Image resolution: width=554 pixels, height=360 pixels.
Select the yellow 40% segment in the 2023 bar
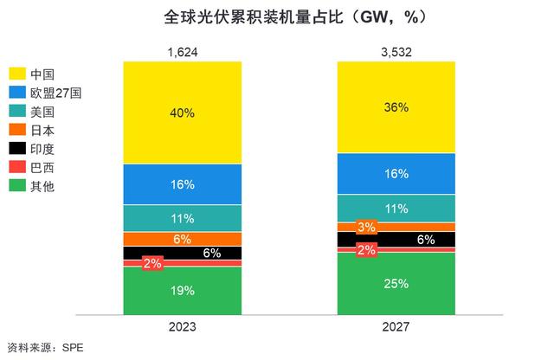coord(182,112)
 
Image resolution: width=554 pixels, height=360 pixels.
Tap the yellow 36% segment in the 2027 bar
coord(394,107)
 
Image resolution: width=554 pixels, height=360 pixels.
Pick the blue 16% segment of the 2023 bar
coord(182,184)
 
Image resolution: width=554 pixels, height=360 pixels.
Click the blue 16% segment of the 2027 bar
coord(394,174)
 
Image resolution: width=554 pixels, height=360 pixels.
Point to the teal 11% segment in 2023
coord(182,218)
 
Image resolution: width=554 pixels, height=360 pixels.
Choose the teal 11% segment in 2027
coord(394,209)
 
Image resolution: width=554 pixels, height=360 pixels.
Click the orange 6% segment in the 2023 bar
coord(182,239)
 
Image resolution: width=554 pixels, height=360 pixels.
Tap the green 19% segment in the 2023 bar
coord(182,291)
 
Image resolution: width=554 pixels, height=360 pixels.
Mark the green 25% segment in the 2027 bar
coord(394,283)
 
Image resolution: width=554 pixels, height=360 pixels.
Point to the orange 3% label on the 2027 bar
coord(365,228)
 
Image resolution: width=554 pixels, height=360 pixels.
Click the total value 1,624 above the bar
coord(182,53)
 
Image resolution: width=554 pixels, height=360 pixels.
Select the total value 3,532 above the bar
coord(394,53)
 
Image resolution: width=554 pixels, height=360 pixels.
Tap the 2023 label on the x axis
coord(182,328)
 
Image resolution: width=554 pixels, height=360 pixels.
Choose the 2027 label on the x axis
coord(394,328)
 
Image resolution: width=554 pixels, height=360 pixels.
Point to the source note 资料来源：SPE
coord(42,349)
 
